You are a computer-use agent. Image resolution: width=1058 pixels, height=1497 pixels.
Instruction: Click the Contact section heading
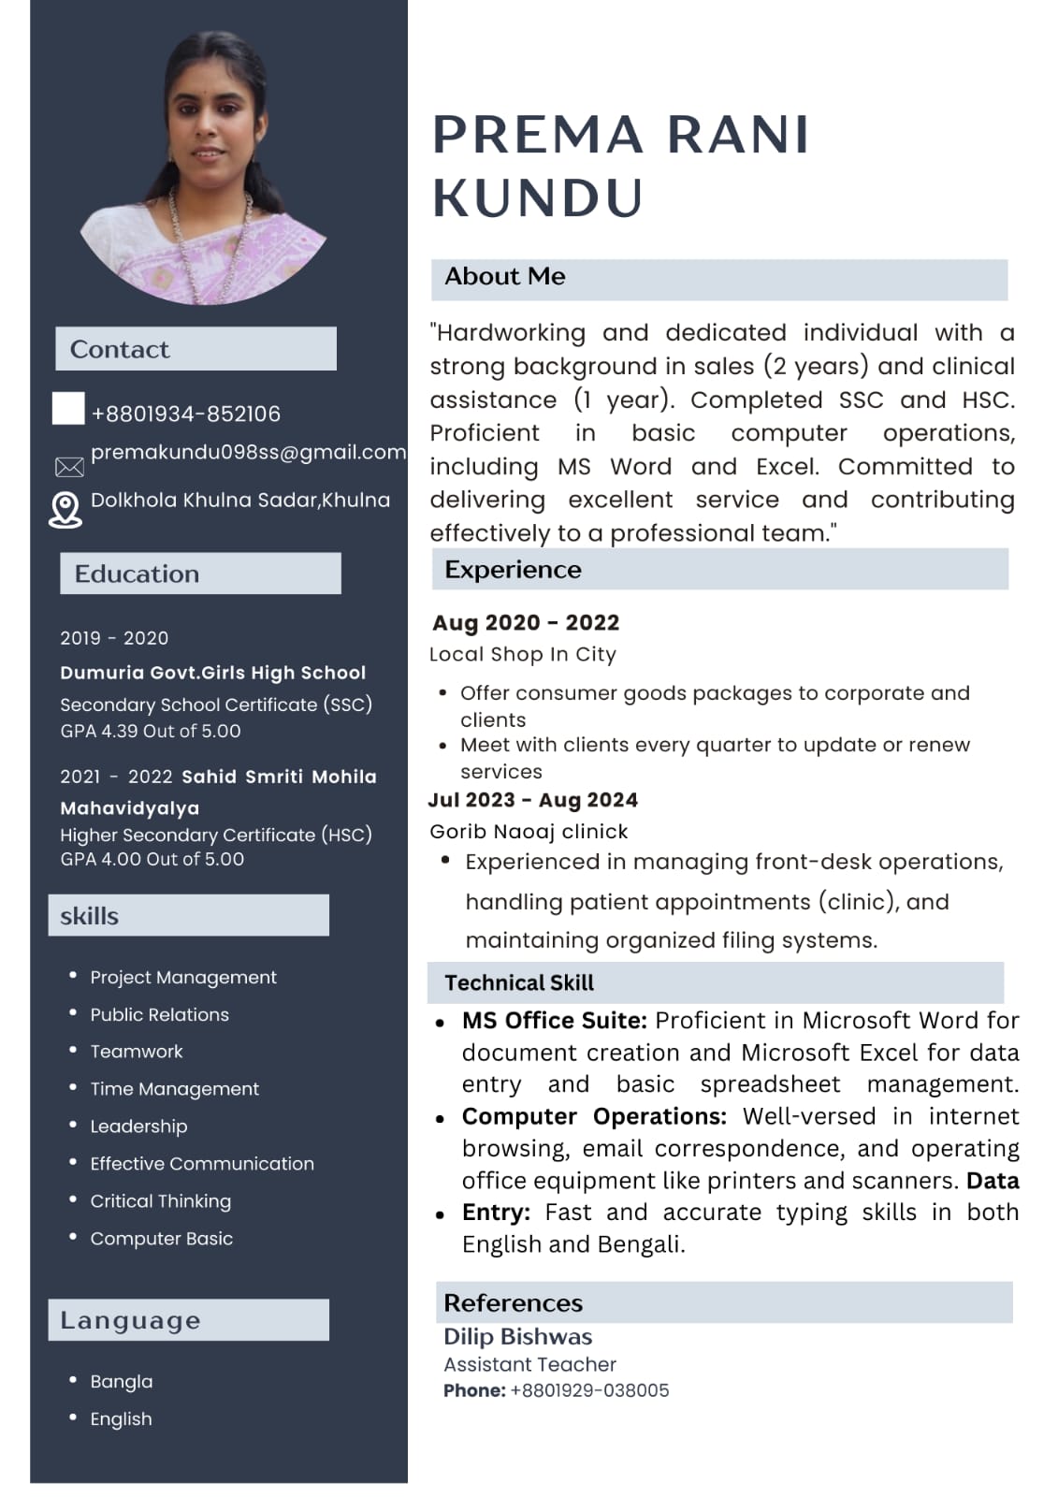click(x=120, y=349)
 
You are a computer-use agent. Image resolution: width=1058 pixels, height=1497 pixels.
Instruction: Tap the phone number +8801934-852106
click(x=185, y=414)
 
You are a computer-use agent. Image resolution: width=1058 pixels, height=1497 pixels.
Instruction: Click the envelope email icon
click(x=69, y=467)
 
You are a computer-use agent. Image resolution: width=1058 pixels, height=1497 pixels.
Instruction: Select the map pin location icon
click(x=65, y=510)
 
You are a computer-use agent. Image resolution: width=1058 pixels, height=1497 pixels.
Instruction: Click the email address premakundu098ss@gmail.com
click(x=248, y=452)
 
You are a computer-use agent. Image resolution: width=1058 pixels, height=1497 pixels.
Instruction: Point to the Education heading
click(x=137, y=574)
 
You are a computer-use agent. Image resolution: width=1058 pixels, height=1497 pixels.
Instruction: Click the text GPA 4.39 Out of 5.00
click(x=151, y=731)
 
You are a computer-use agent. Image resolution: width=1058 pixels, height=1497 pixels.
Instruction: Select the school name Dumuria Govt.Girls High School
click(x=212, y=673)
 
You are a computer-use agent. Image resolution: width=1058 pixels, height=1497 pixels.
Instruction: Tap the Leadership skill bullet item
click(x=138, y=1126)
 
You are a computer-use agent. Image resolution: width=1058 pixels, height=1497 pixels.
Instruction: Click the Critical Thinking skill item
click(x=160, y=1201)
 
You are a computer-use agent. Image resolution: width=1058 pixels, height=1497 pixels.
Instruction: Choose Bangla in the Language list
click(x=121, y=1382)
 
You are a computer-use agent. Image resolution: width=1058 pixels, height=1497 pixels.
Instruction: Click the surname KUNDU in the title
click(x=538, y=198)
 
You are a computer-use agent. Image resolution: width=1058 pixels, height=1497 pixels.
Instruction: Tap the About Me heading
click(x=505, y=277)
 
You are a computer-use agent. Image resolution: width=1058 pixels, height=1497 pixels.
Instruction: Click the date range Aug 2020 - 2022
click(x=526, y=623)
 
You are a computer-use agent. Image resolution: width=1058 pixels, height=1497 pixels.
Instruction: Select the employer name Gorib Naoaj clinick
click(x=529, y=832)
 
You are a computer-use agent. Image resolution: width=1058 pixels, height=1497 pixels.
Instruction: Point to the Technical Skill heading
click(x=519, y=983)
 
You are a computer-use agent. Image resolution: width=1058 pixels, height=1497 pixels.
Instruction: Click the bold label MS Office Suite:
click(x=554, y=1021)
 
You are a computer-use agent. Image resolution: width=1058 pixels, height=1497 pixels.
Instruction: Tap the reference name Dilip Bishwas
click(x=517, y=1337)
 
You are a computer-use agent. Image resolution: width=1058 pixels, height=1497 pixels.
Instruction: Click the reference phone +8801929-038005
click(x=589, y=1391)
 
